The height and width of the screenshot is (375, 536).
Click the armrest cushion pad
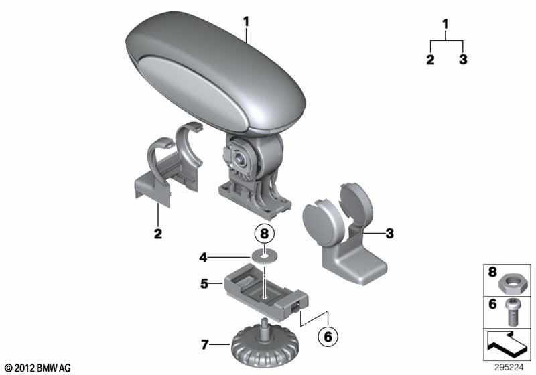click(215, 72)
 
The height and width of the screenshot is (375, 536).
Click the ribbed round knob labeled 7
click(265, 347)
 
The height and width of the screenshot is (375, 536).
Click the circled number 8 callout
click(265, 234)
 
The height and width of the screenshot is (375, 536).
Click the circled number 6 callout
click(328, 337)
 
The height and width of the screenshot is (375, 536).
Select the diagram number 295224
click(509, 368)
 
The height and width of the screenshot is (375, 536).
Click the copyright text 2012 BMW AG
click(38, 368)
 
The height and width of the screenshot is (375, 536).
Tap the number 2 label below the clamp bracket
click(158, 234)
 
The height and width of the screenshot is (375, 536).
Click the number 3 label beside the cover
click(390, 234)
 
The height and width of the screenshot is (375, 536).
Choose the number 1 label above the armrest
click(246, 22)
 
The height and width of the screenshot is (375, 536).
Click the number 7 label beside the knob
click(205, 345)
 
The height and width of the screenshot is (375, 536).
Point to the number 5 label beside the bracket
click(204, 283)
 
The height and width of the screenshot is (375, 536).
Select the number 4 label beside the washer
click(204, 258)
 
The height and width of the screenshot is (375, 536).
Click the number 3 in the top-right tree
click(463, 59)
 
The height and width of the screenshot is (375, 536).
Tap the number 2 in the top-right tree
click(430, 59)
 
